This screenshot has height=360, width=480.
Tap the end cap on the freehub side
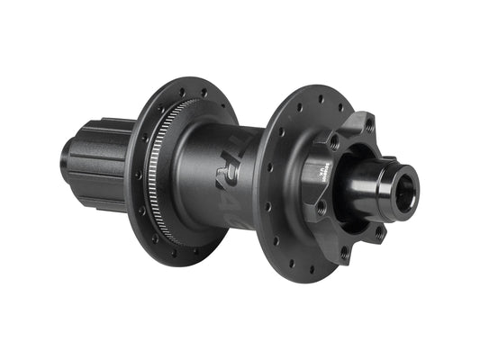click(66, 159)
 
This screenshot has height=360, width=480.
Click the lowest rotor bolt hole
click(343, 253)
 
